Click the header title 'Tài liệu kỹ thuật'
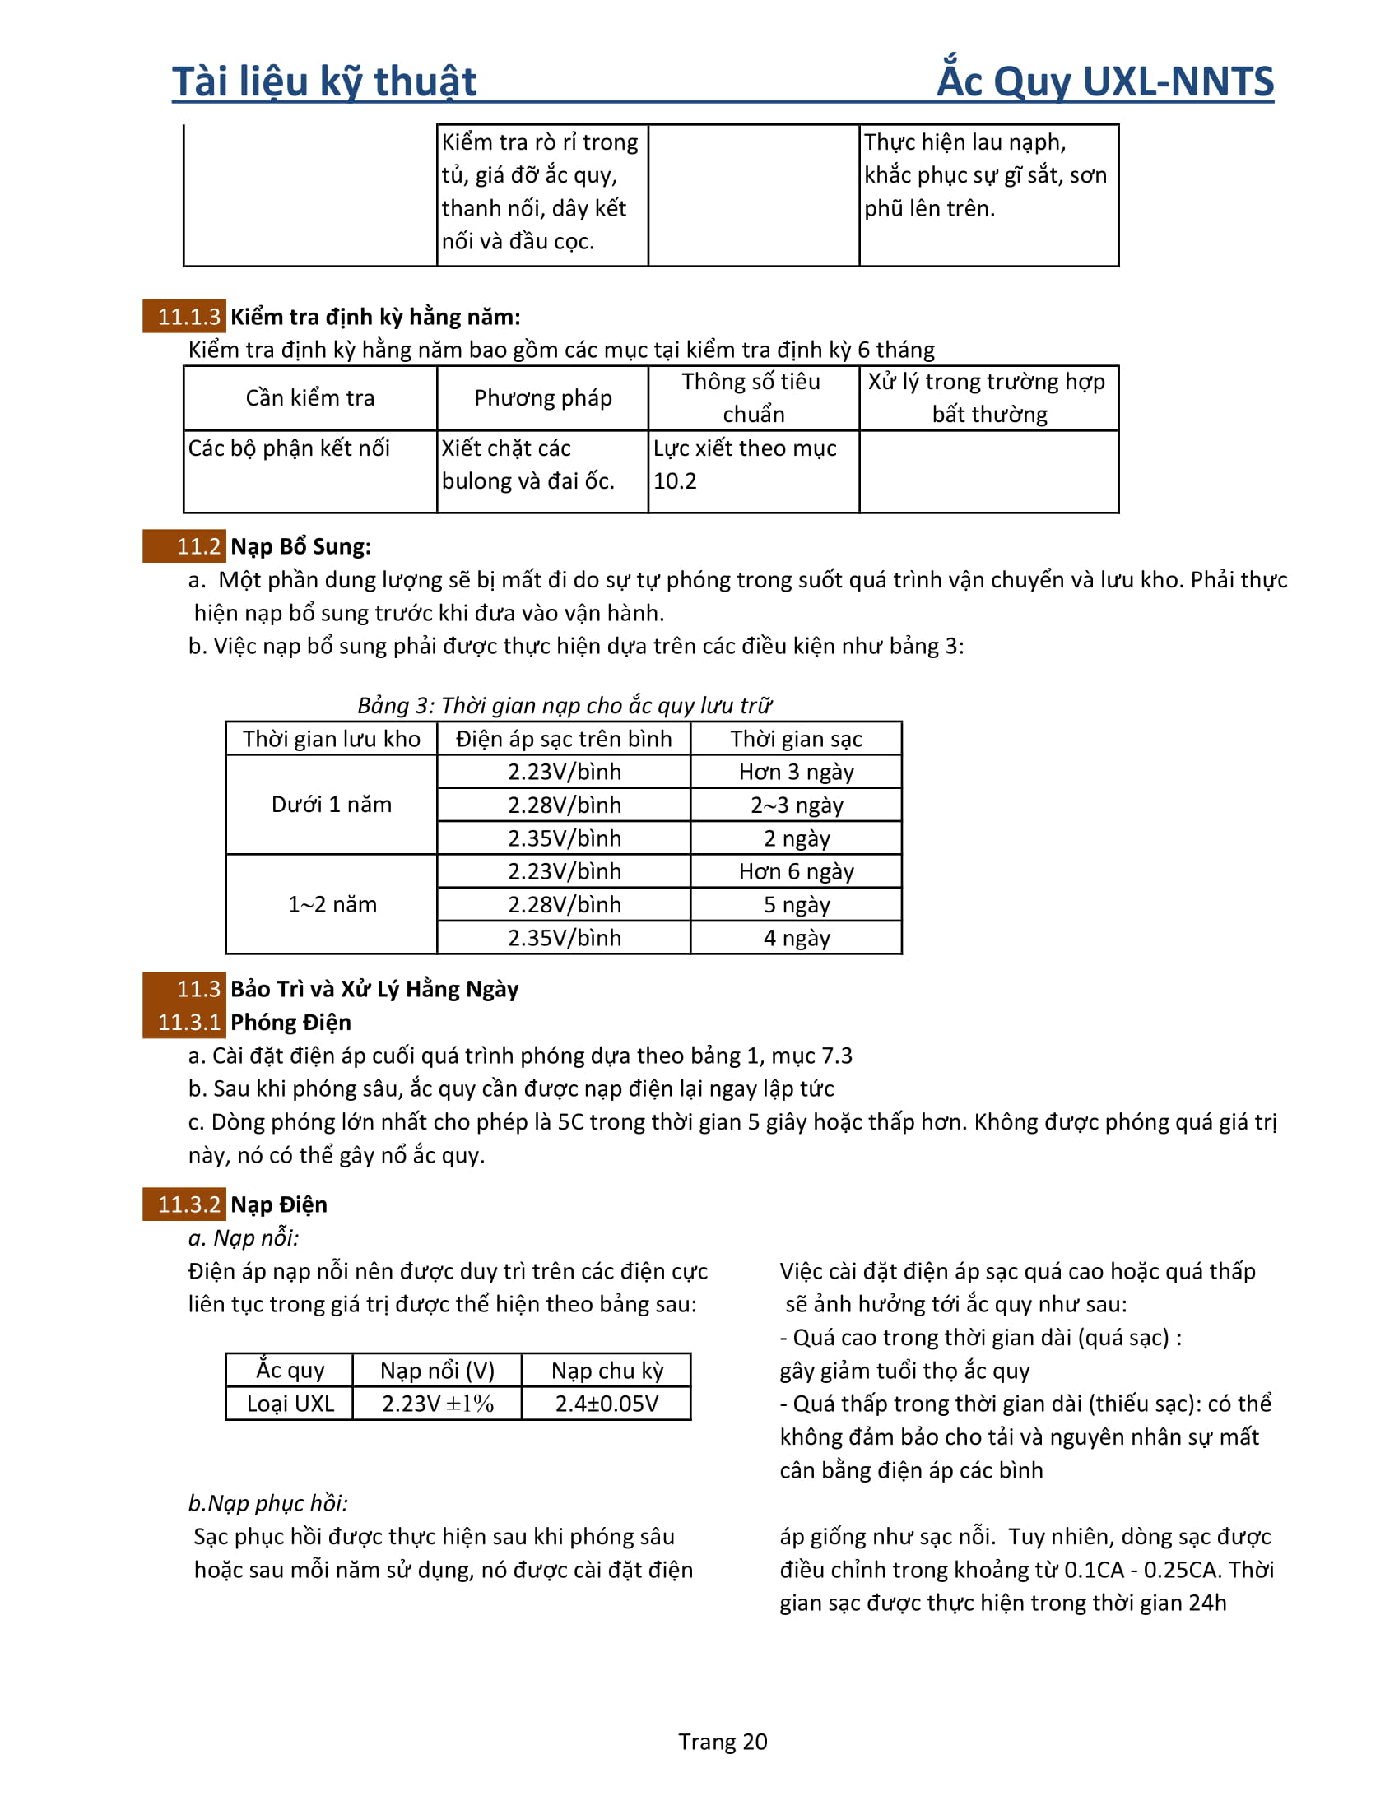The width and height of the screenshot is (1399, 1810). [x=324, y=81]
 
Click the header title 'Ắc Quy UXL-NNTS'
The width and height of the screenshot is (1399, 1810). [x=1104, y=81]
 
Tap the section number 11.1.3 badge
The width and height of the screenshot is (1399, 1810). [x=184, y=317]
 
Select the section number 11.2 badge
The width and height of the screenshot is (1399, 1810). [x=184, y=546]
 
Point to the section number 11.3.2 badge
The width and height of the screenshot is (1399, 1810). [x=184, y=1204]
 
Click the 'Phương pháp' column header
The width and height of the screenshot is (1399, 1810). [x=543, y=398]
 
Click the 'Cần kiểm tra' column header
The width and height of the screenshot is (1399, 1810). [x=310, y=398]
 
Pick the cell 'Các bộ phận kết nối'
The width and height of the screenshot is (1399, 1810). [x=289, y=448]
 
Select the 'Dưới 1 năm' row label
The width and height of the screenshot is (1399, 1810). [x=332, y=805]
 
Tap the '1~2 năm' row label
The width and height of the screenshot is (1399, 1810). [x=332, y=904]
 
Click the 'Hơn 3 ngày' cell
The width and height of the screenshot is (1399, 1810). [x=797, y=772]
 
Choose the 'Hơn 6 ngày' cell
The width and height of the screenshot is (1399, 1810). [x=797, y=871]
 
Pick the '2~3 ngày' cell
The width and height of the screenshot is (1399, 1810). [x=797, y=805]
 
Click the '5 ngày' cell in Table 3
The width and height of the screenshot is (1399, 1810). [x=797, y=904]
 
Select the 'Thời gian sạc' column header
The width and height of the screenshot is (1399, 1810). [x=797, y=739]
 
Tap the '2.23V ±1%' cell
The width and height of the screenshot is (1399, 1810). [x=438, y=1403]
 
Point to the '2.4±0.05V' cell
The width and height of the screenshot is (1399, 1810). [x=607, y=1403]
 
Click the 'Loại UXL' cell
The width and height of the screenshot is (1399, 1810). [x=290, y=1403]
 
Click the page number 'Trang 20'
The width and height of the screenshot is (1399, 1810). [x=723, y=1741]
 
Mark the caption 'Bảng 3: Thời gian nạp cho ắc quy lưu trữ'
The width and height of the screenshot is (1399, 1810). [x=565, y=705]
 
